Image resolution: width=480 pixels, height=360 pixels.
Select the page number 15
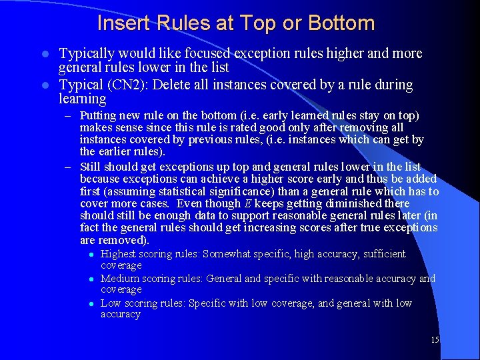[x=435, y=340]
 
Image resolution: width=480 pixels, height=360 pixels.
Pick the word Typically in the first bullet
[x=85, y=53]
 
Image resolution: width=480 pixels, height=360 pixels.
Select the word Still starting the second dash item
[x=91, y=167]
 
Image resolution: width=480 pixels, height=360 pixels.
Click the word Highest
[x=118, y=254]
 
